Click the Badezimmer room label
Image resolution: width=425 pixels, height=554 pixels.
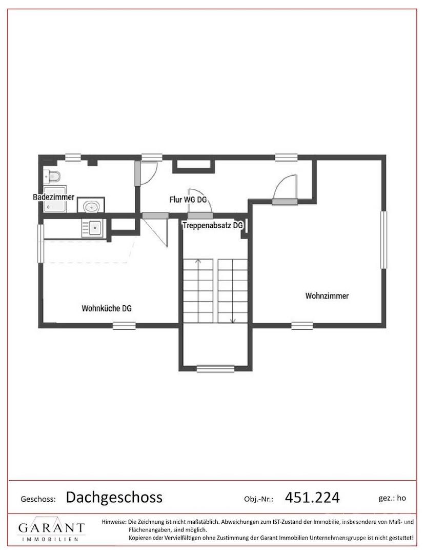pyautogui.click(x=54, y=197)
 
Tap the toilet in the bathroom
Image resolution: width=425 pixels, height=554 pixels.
pyautogui.click(x=52, y=176)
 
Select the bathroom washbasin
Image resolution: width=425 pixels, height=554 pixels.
pyautogui.click(x=91, y=206)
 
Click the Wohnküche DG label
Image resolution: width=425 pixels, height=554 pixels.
pyautogui.click(x=107, y=308)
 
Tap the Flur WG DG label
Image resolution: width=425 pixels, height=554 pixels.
pyautogui.click(x=188, y=200)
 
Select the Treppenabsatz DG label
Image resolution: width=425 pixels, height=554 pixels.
pyautogui.click(x=213, y=225)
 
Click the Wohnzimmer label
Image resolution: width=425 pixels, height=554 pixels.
pyautogui.click(x=327, y=296)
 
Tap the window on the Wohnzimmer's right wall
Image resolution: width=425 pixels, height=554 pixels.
pyautogui.click(x=383, y=240)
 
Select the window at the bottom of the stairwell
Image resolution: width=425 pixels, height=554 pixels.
pyautogui.click(x=216, y=368)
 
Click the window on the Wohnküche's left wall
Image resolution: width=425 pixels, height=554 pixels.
pyautogui.click(x=41, y=244)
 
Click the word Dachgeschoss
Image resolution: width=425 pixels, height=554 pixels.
pyautogui.click(x=114, y=497)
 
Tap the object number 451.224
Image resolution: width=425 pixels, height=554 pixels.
pyautogui.click(x=312, y=498)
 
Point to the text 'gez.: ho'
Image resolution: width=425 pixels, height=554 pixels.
pyautogui.click(x=392, y=498)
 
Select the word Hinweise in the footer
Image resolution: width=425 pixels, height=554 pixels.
pyautogui.click(x=114, y=522)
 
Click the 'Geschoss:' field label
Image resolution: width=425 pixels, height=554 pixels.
pyautogui.click(x=38, y=499)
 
